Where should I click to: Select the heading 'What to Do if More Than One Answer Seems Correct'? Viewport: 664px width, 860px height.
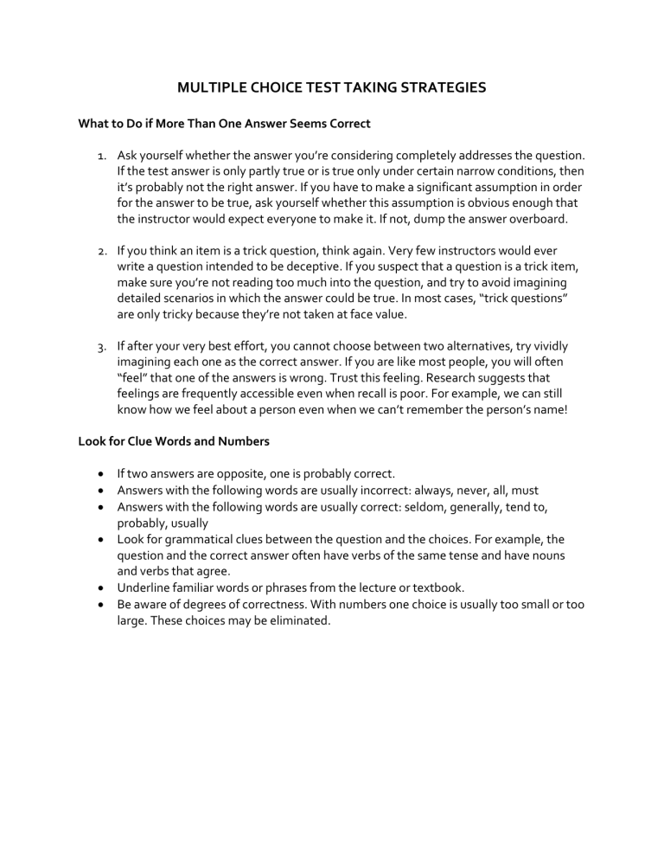pyautogui.click(x=224, y=124)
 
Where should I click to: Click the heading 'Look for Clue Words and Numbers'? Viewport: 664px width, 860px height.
pyautogui.click(x=174, y=441)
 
